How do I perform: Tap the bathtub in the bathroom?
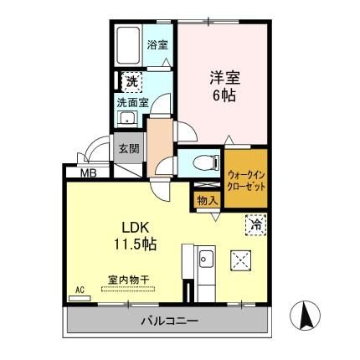point(131,46)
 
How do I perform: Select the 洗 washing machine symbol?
point(132,82)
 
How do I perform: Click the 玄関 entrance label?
point(128,149)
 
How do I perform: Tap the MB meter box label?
point(88,173)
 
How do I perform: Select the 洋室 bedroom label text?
point(224,78)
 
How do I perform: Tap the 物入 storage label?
point(208,200)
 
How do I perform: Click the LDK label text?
point(131,227)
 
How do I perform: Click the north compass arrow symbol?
point(306,317)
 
